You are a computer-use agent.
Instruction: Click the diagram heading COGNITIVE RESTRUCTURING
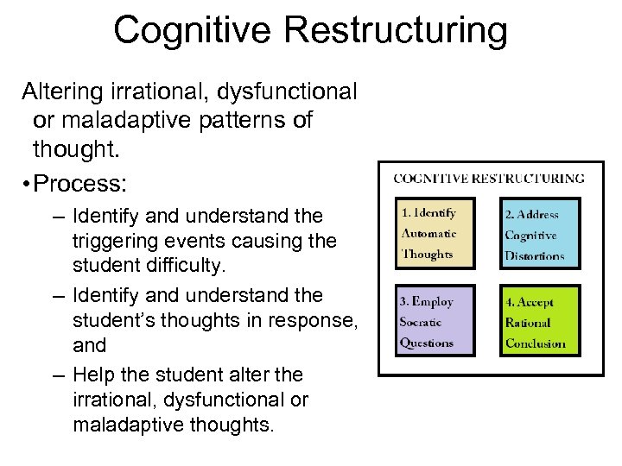click(489, 179)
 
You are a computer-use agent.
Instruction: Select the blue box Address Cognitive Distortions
click(541, 233)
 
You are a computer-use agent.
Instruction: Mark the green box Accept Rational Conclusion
click(541, 321)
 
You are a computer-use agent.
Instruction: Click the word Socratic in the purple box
click(421, 322)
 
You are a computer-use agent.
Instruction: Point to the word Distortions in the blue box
click(535, 255)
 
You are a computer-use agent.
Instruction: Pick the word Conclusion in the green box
click(536, 343)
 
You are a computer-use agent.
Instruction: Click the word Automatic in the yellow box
click(429, 233)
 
